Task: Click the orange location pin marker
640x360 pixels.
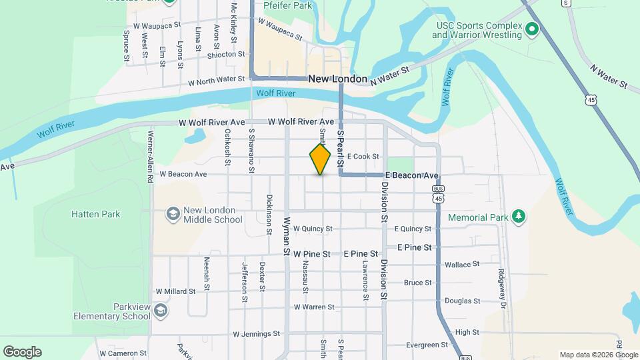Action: tap(320, 159)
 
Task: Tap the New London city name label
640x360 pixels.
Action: tap(338, 79)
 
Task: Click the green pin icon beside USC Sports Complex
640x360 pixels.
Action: tap(532, 29)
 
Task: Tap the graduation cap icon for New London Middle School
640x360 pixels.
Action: tap(173, 214)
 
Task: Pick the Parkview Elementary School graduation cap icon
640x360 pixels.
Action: tap(161, 311)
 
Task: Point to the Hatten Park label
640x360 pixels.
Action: tap(96, 214)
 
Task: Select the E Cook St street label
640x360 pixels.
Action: tap(363, 157)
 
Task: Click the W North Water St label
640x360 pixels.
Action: tap(217, 81)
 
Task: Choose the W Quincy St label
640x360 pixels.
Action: tap(313, 229)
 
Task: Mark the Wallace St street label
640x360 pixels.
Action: tap(462, 265)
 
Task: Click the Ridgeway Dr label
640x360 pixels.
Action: tap(502, 284)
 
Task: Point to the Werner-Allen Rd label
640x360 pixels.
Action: tap(151, 163)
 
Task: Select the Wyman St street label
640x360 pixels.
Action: tap(287, 237)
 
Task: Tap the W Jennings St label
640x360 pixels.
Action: tap(257, 333)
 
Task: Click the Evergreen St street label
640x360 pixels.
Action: tap(427, 345)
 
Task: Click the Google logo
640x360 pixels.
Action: tap(22, 351)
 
